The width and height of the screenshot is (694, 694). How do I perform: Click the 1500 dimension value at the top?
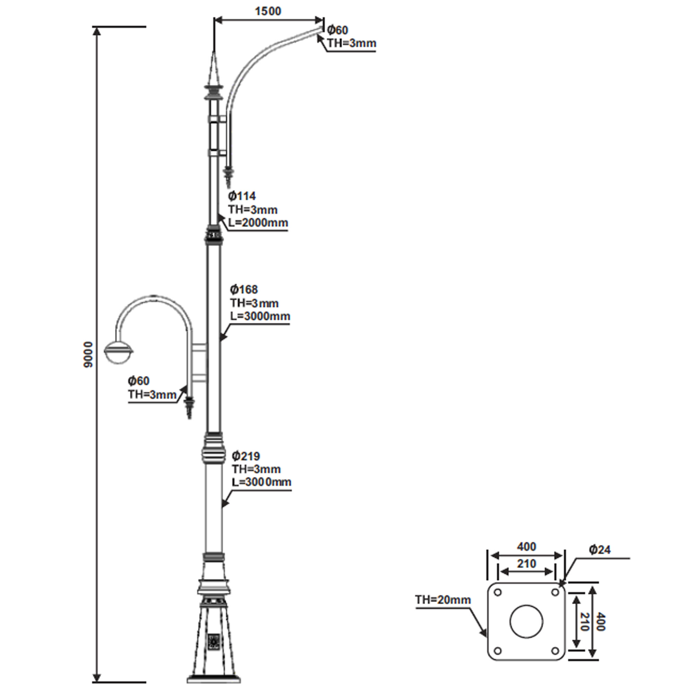(268, 11)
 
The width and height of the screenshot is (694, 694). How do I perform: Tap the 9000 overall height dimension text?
(88, 355)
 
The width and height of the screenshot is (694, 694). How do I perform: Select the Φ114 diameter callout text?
(242, 196)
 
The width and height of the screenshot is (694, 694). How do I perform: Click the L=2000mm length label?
(258, 223)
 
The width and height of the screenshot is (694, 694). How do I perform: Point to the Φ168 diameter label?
(244, 289)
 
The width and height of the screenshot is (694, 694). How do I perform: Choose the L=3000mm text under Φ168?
(260, 316)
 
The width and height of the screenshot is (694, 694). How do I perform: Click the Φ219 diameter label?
(246, 456)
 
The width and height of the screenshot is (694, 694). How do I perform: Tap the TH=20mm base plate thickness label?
(443, 600)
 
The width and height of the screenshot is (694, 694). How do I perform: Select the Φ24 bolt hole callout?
(600, 549)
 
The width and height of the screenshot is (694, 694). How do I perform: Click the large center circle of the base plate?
(526, 621)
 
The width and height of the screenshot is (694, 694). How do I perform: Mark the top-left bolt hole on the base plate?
(498, 592)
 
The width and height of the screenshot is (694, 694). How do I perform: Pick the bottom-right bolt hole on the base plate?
(555, 651)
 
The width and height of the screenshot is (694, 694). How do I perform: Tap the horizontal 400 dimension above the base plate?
(526, 547)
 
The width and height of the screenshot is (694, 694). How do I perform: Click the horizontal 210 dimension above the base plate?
(526, 563)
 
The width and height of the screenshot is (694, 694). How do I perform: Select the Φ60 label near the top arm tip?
(337, 30)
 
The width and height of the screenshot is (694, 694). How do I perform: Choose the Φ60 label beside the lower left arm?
(139, 380)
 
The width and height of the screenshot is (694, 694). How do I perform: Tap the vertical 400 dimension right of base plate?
(601, 622)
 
